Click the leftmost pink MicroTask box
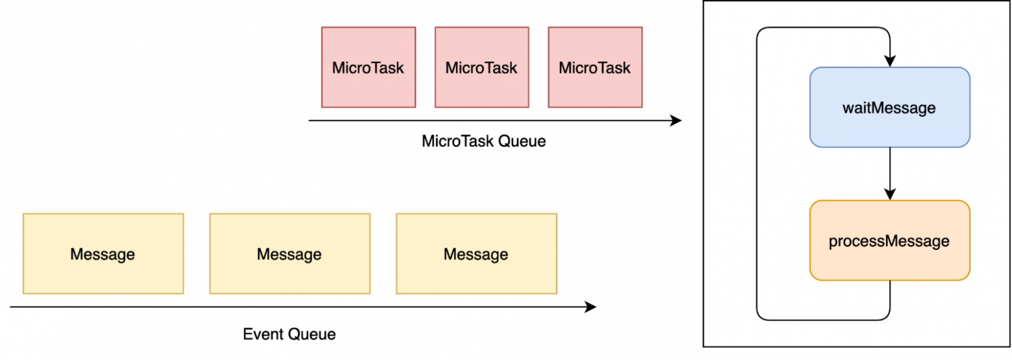(368, 67)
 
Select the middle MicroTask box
(481, 67)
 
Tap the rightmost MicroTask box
(595, 67)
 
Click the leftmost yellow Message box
(103, 254)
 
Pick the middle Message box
(289, 254)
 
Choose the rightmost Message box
(476, 254)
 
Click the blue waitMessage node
(889, 107)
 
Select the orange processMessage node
(889, 241)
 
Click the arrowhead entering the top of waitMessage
(890, 60)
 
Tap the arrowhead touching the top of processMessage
(890, 194)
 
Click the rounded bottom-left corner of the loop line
(760, 317)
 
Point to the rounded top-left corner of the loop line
(760, 30)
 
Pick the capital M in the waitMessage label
(876, 108)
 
